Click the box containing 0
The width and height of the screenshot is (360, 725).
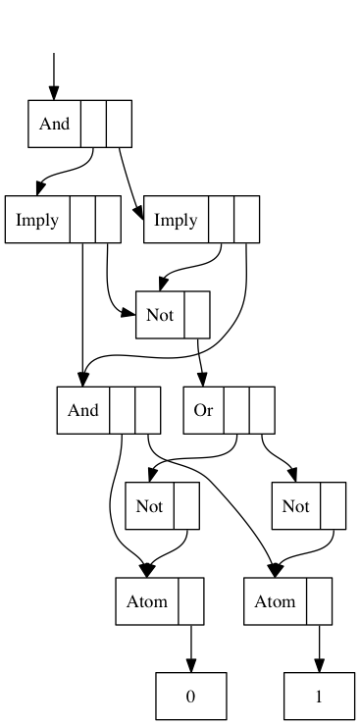click(x=191, y=697)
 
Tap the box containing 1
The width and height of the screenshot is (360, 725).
click(x=319, y=697)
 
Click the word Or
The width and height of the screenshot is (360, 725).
click(x=203, y=410)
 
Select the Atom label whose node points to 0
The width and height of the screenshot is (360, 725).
click(x=147, y=601)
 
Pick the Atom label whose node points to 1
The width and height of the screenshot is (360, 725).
click(x=275, y=601)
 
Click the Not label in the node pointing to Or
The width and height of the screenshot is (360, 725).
click(x=160, y=315)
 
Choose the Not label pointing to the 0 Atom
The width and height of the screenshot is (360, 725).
click(x=150, y=506)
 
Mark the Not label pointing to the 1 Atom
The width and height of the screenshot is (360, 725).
click(x=295, y=506)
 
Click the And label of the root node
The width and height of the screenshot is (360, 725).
click(x=55, y=124)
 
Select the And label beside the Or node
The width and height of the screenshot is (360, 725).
click(x=83, y=410)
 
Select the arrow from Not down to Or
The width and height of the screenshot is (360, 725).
click(x=200, y=363)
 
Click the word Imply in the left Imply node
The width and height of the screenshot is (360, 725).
click(x=37, y=220)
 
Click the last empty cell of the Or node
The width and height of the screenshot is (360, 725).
click(x=262, y=410)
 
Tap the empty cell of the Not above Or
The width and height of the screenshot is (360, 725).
click(x=197, y=315)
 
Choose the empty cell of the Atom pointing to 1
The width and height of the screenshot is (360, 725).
click(x=319, y=601)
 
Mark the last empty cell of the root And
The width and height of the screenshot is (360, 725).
click(x=119, y=124)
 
